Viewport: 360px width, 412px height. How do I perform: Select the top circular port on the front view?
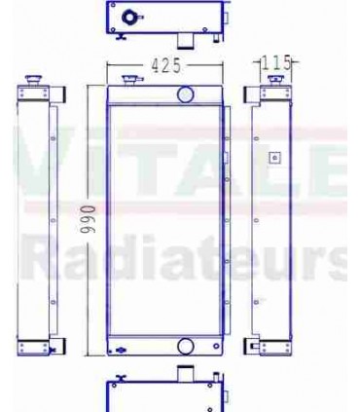[186, 94]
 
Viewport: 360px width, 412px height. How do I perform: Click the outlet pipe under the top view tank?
[183, 38]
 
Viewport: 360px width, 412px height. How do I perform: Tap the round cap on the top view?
[129, 18]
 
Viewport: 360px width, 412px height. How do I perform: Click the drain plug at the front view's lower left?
[119, 350]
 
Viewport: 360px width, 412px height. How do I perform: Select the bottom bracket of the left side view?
[40, 346]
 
